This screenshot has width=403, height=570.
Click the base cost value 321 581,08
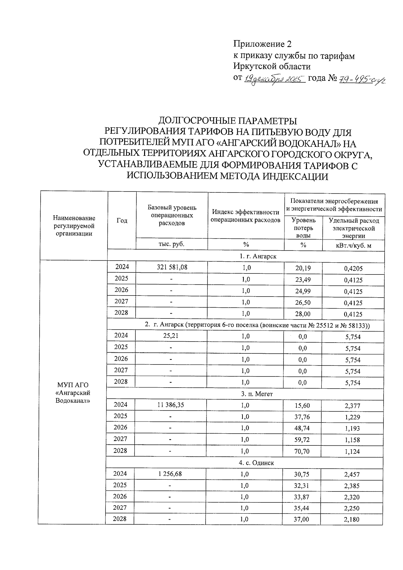172,268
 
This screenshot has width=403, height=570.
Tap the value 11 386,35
171,405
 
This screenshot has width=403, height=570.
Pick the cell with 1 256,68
170,474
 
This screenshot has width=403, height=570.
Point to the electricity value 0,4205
353,269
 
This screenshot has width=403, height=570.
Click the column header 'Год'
122,221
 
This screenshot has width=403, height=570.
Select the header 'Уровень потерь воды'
303,228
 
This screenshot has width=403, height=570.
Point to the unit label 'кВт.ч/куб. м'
354,246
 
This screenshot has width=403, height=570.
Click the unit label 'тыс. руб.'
171,244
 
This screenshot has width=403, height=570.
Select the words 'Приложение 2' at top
263,44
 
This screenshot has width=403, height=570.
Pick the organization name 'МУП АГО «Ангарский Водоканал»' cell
73,393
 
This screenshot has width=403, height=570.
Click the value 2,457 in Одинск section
352,475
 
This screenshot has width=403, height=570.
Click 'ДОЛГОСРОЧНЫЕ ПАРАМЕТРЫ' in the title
227,121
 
